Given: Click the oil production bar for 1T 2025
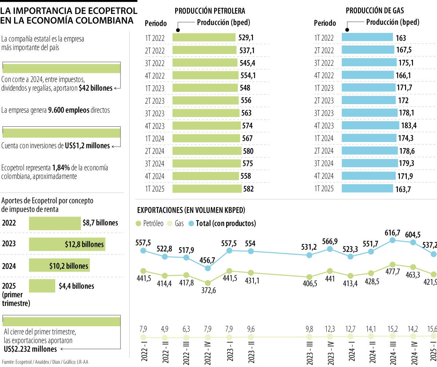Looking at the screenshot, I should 207,189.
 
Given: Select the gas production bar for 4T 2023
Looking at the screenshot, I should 370,126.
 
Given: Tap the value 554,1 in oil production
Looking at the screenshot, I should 248,75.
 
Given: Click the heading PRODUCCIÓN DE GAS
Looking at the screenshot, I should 375,11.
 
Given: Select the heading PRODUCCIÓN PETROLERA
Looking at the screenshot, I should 210,11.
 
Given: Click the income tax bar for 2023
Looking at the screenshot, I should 67,244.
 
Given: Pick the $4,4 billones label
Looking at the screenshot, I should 76,286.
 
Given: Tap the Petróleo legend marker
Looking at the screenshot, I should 138,223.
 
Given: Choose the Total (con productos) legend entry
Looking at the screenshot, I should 226,223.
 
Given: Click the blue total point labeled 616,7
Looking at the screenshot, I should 392,240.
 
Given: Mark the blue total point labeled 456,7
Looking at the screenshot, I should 208,268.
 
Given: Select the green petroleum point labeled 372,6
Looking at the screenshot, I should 208,283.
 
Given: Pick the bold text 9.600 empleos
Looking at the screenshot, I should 68,110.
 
